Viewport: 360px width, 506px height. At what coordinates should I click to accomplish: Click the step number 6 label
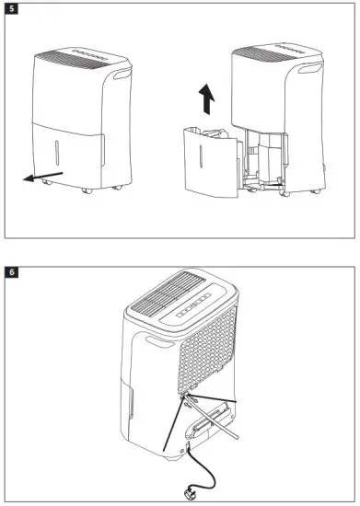11,272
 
